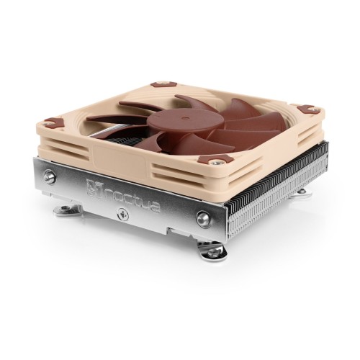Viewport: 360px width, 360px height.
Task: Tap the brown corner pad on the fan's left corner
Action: click(x=53, y=122)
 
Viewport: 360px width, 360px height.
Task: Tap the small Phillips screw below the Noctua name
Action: click(x=122, y=214)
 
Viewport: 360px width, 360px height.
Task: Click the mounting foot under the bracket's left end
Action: click(x=69, y=210)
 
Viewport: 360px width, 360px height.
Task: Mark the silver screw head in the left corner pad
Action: click(x=53, y=122)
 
